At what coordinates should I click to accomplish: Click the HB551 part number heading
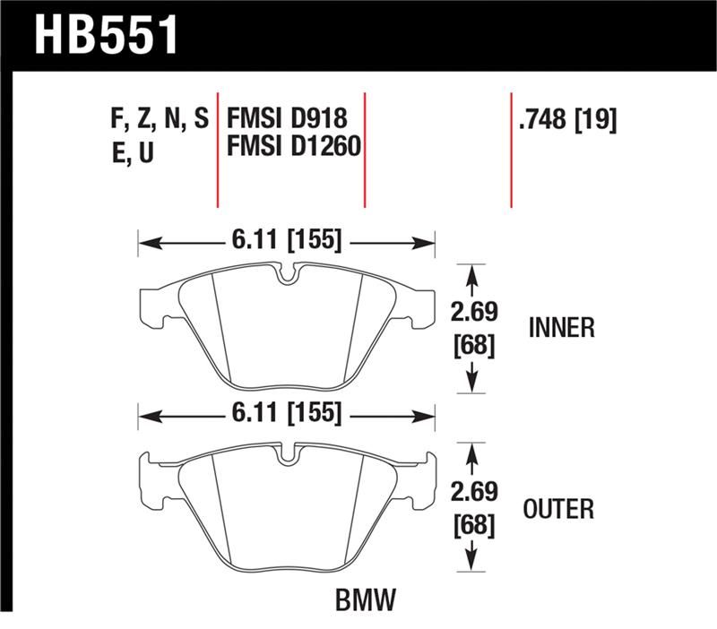click(x=106, y=36)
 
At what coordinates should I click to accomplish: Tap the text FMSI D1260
click(x=294, y=146)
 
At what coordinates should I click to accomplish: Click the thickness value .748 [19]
click(x=566, y=119)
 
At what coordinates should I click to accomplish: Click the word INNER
click(x=562, y=328)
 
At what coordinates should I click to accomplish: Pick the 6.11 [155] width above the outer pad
click(x=286, y=415)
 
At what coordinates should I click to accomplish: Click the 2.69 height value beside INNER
click(x=472, y=313)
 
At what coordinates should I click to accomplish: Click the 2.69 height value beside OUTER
click(x=472, y=494)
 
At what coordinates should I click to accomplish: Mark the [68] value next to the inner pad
click(x=472, y=344)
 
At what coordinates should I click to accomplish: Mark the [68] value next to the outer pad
click(x=472, y=525)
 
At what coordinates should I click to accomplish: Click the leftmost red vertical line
click(x=218, y=148)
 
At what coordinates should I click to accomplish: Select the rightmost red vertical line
click(x=511, y=148)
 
